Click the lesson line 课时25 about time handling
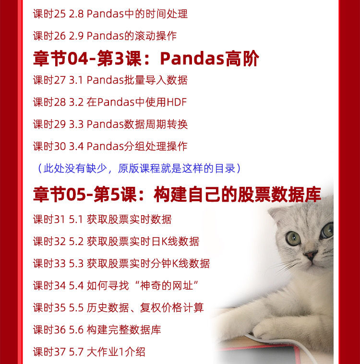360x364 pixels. pyautogui.click(x=110, y=14)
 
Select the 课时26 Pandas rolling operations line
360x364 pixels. pyautogui.click(x=105, y=36)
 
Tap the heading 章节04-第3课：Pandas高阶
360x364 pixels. pyautogui.click(x=146, y=58)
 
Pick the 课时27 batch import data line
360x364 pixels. pyautogui.click(x=110, y=80)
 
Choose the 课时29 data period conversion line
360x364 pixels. pyautogui.click(x=110, y=124)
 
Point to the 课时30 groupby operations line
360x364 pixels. pyautogui.click(x=110, y=146)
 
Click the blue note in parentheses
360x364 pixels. pyautogui.click(x=139, y=168)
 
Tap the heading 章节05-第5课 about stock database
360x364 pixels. pyautogui.click(x=177, y=194)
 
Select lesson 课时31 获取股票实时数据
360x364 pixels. pyautogui.click(x=102, y=219)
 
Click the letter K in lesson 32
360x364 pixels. pyautogui.click(x=164, y=242)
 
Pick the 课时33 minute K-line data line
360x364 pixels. pyautogui.click(x=121, y=264)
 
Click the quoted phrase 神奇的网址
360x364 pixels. pyautogui.click(x=167, y=286)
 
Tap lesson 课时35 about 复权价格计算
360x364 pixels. pyautogui.click(x=119, y=308)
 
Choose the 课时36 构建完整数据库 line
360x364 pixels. pyautogui.click(x=97, y=329)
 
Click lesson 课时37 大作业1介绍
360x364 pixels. pyautogui.click(x=89, y=352)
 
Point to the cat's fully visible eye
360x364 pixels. pyautogui.click(x=293, y=238)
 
